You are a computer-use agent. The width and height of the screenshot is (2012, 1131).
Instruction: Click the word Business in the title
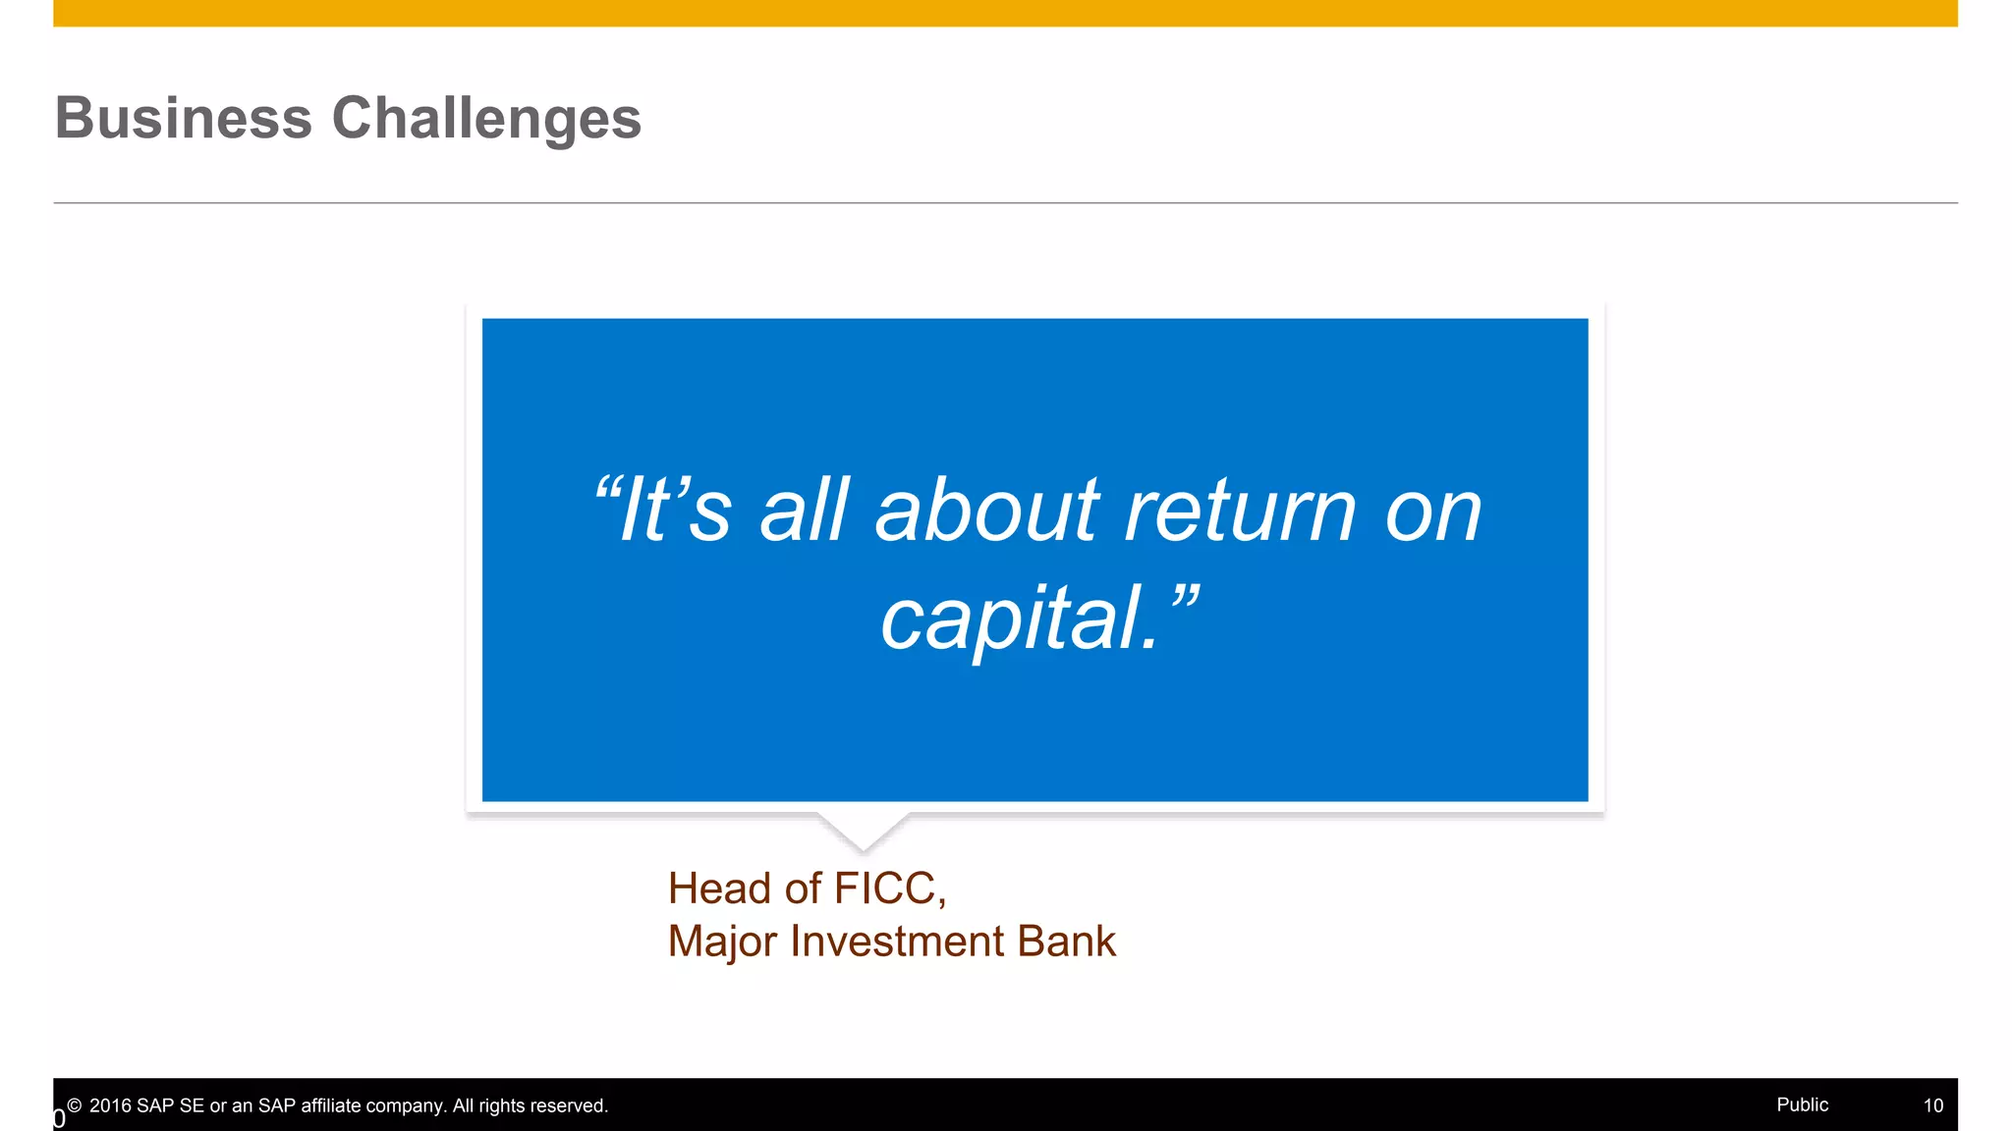[184, 119]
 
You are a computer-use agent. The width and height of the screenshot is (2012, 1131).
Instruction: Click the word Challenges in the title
[486, 119]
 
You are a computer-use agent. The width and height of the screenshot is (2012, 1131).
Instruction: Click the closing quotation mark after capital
[1182, 599]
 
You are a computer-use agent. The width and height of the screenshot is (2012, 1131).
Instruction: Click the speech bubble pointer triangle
[864, 830]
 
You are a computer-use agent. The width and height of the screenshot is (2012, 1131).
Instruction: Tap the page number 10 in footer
[1932, 1105]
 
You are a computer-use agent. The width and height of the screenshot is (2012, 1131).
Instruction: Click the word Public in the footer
[1802, 1104]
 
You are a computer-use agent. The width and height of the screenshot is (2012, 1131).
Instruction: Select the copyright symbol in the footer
[75, 1105]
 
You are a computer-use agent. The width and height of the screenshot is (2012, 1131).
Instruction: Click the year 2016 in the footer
[110, 1105]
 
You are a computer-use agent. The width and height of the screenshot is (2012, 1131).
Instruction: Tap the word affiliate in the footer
[330, 1105]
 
